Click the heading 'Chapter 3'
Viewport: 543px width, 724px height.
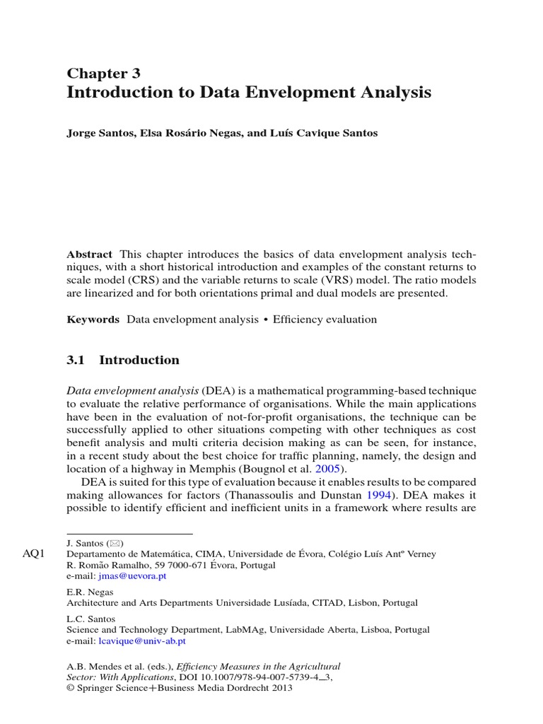pos(103,73)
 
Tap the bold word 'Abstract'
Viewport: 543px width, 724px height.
pos(89,254)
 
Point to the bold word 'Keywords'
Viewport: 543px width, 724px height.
pos(93,320)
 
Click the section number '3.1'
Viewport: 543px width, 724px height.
pos(76,360)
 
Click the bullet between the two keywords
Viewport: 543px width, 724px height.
pos(266,320)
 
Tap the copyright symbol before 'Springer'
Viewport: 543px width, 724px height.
pos(70,687)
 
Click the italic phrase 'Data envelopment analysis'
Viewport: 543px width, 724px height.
pos(133,390)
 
